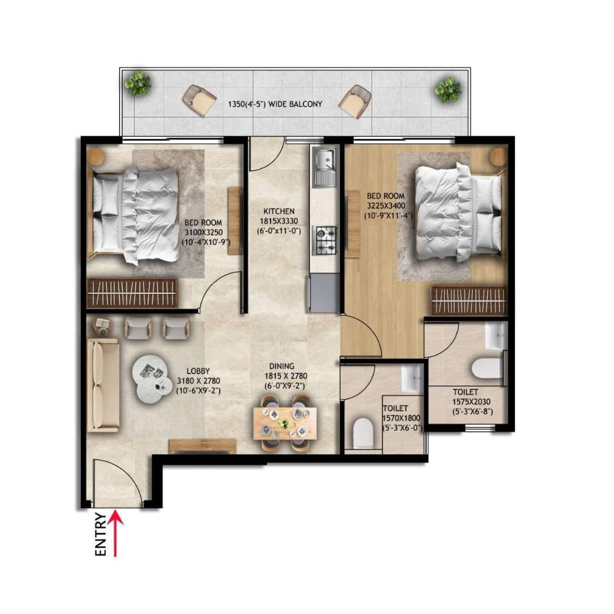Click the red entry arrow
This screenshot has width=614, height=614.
click(x=115, y=533)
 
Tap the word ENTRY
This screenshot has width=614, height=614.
click(x=100, y=534)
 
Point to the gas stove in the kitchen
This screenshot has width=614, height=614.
click(x=326, y=240)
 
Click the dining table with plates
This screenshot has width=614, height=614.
click(x=285, y=424)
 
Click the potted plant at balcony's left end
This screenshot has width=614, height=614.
click(x=138, y=84)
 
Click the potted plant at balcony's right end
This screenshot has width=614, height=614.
click(x=447, y=89)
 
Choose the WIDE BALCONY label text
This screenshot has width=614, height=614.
click(x=275, y=104)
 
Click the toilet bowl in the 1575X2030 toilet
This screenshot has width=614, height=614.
click(x=488, y=368)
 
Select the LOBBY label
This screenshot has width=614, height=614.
click(x=193, y=371)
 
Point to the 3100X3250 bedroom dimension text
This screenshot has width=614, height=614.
click(x=203, y=232)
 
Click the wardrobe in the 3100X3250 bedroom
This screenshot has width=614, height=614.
click(x=132, y=293)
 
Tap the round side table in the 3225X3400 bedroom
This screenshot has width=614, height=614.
click(x=498, y=156)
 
